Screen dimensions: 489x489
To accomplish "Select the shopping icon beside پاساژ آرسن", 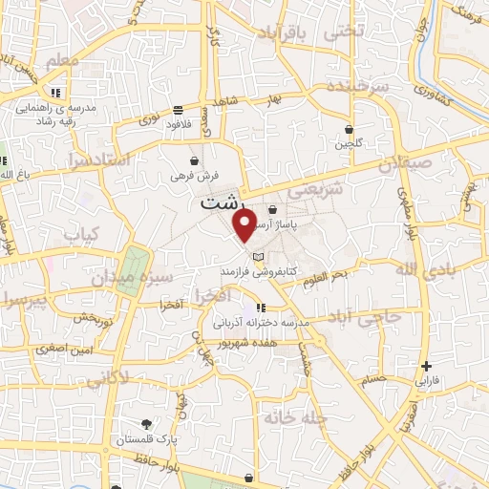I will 273,209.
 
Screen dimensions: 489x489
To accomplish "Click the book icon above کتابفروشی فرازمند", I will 256,257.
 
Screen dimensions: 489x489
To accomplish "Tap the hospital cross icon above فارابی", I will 426,366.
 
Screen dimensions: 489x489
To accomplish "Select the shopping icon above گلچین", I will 351,129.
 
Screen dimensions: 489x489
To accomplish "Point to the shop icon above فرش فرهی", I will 195,160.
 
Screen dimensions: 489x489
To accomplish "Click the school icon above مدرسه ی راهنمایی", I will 56,93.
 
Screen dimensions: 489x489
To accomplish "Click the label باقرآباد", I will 285,34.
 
